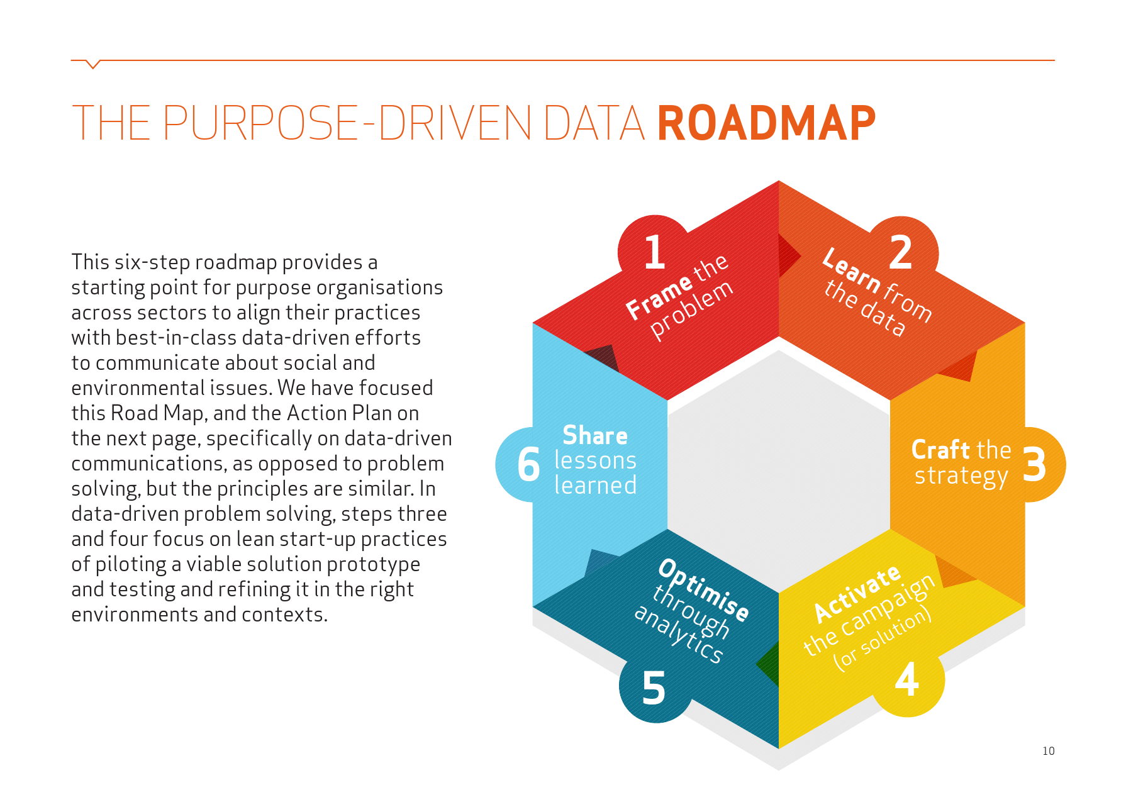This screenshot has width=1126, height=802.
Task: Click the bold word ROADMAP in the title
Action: (766, 123)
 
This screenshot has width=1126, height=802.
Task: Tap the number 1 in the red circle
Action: (655, 253)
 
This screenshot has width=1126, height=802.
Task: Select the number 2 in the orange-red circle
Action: (901, 253)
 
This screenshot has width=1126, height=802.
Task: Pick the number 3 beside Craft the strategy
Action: (1034, 465)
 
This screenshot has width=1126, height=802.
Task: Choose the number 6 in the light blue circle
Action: (528, 465)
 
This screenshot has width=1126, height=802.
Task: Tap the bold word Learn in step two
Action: (851, 270)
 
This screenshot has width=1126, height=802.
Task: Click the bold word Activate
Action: (857, 593)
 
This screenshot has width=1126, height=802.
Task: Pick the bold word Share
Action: (594, 435)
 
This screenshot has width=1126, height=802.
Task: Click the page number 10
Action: (1048, 751)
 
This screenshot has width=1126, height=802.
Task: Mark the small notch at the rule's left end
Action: (92, 64)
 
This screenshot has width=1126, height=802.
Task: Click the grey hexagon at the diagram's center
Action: (779, 465)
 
